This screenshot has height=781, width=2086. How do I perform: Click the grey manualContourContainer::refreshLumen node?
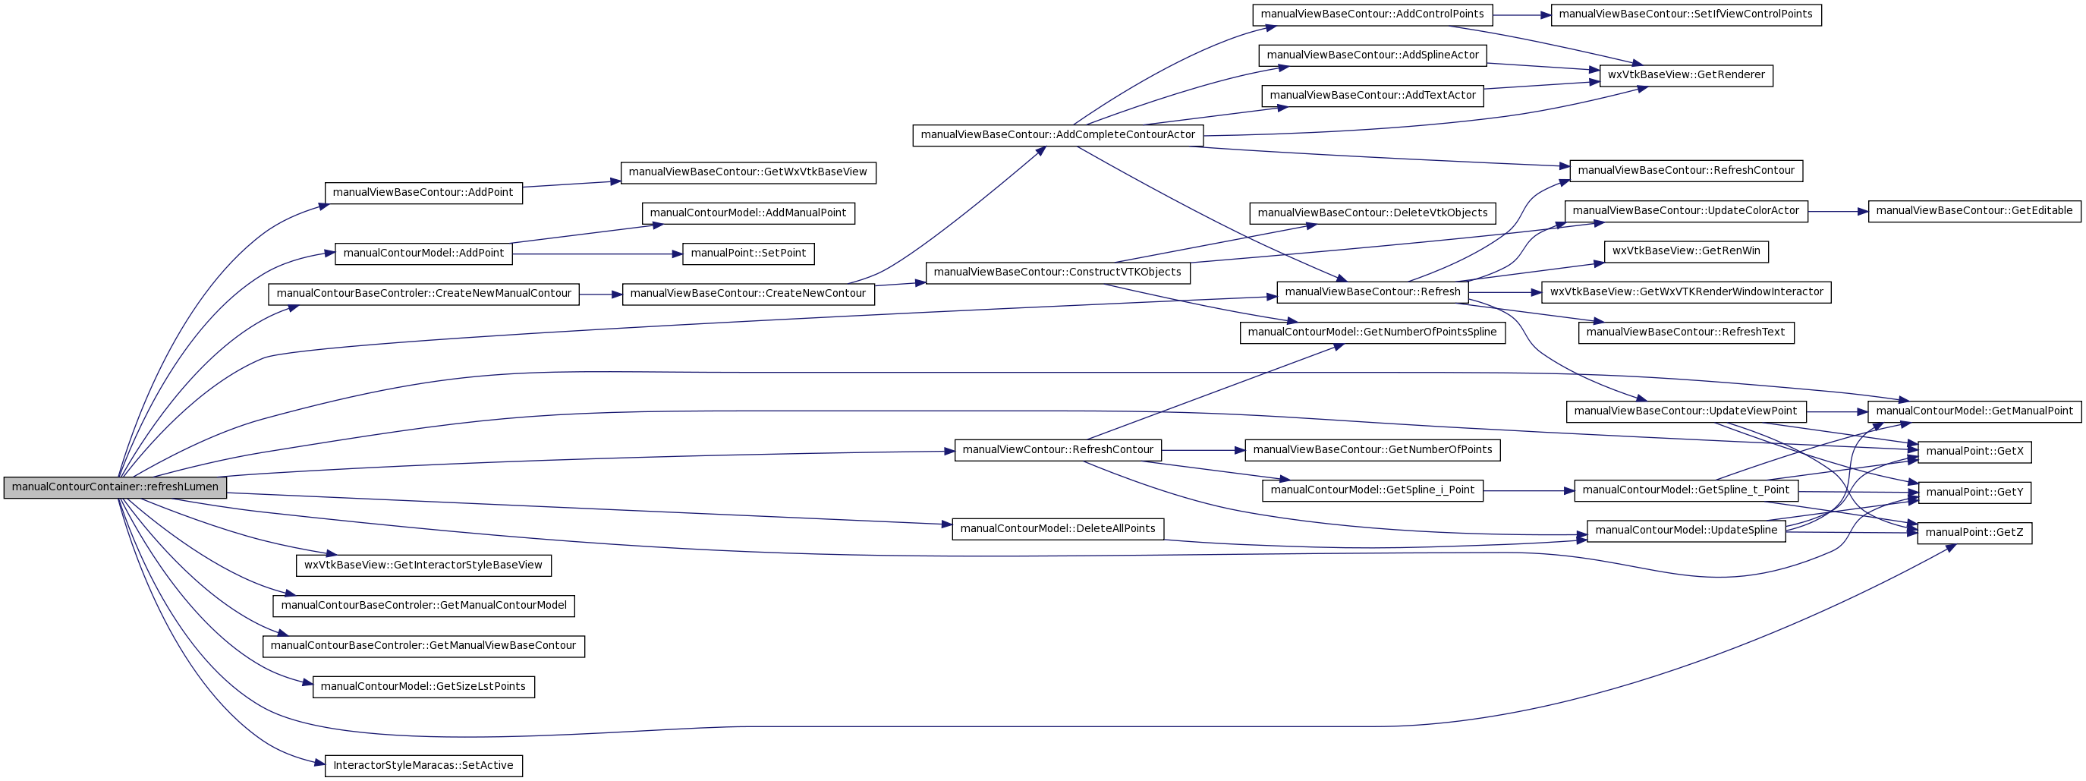click(x=115, y=488)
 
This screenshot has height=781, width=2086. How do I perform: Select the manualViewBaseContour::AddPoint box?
click(x=423, y=193)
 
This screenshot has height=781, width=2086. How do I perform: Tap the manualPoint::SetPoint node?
click(x=748, y=254)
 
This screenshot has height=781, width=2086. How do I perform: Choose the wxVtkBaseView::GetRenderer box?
click(x=1686, y=75)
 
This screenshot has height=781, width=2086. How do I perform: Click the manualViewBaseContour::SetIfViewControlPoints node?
click(x=1686, y=14)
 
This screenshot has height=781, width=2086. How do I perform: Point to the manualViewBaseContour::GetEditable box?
click(x=1974, y=212)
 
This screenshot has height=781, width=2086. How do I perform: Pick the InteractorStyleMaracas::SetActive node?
click(x=423, y=766)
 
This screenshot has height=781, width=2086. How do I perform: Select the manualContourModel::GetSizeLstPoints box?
click(x=423, y=687)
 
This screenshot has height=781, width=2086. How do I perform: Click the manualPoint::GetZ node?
click(x=1974, y=533)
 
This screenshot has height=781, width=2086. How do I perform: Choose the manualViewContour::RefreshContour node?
click(x=1058, y=450)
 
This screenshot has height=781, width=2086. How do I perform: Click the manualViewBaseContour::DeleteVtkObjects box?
click(x=1373, y=214)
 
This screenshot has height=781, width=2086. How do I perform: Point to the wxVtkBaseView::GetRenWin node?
click(x=1686, y=252)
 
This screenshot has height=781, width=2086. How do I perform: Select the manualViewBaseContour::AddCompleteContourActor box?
click(x=1058, y=135)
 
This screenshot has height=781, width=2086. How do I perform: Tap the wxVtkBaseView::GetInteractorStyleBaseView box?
click(x=423, y=565)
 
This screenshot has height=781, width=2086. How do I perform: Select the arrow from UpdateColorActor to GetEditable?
click(x=1837, y=212)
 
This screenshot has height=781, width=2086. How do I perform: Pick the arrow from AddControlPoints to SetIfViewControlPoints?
click(x=1521, y=14)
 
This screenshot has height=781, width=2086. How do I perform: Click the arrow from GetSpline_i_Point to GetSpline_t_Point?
click(x=1529, y=491)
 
